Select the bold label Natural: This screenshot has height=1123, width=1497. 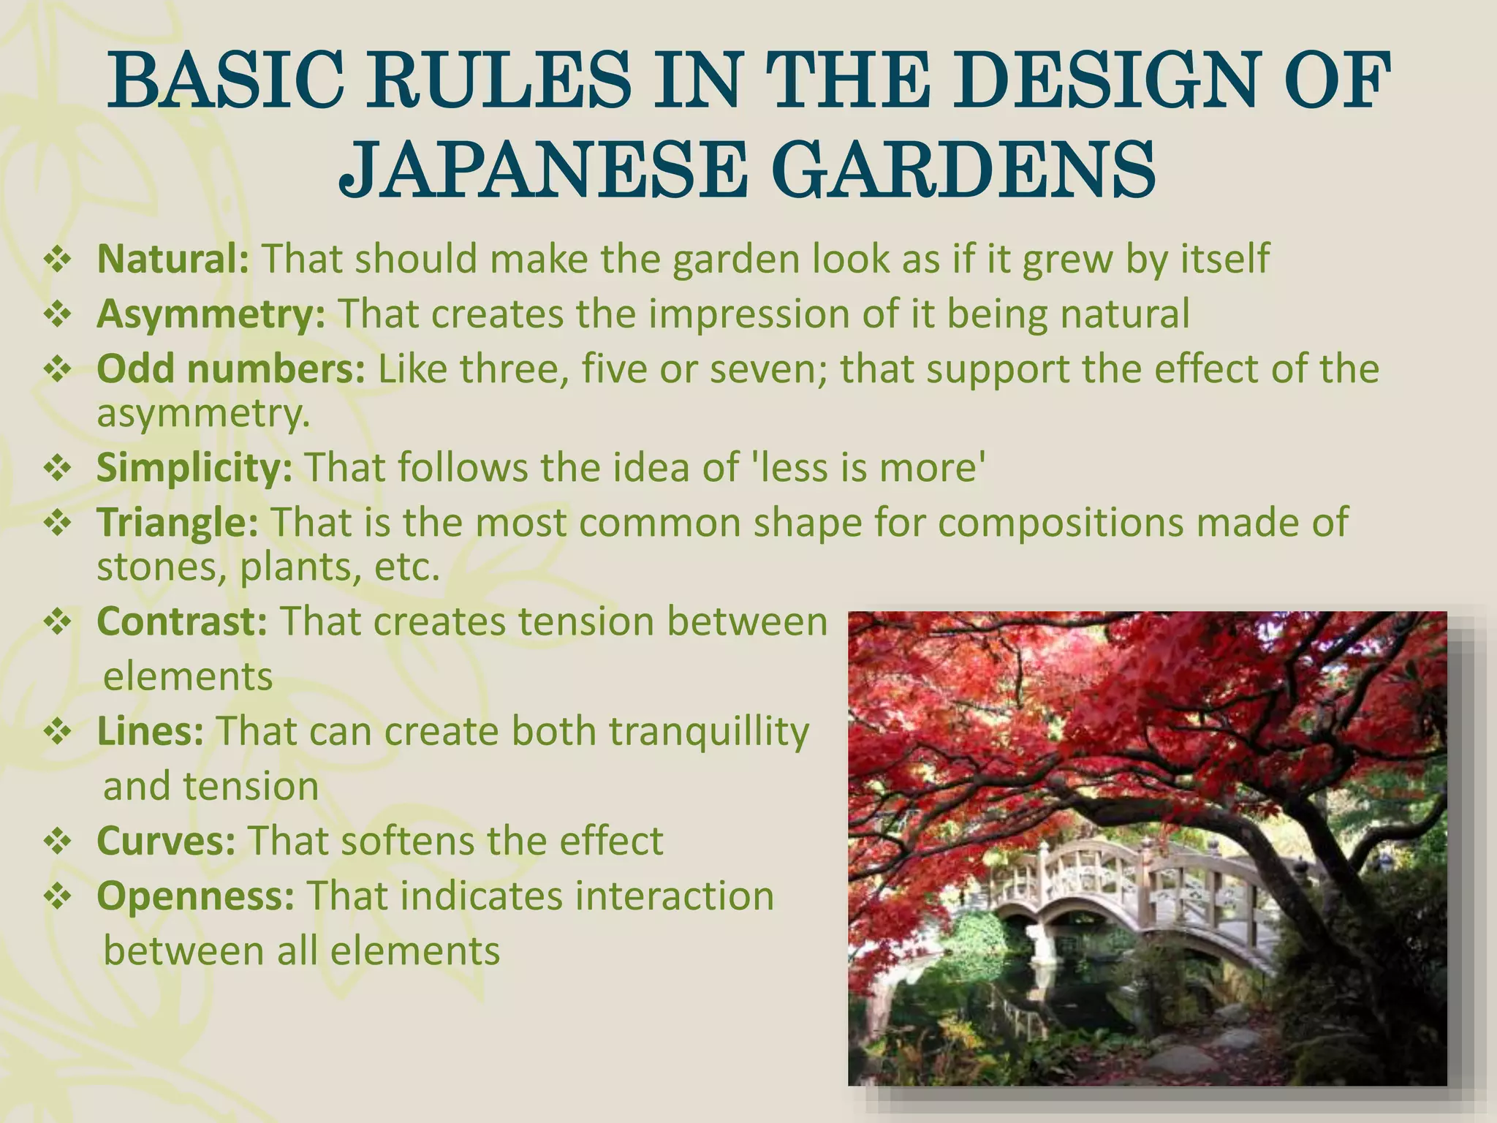(173, 259)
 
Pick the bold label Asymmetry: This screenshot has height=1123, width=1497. (211, 314)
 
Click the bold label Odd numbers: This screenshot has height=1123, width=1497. (230, 368)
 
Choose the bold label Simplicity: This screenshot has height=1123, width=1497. (194, 468)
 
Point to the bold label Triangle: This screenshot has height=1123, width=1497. (177, 522)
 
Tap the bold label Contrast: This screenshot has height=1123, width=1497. (182, 621)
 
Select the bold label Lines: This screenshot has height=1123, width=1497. (150, 731)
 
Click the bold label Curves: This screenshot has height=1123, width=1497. (166, 841)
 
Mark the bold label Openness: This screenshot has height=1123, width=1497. (195, 896)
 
